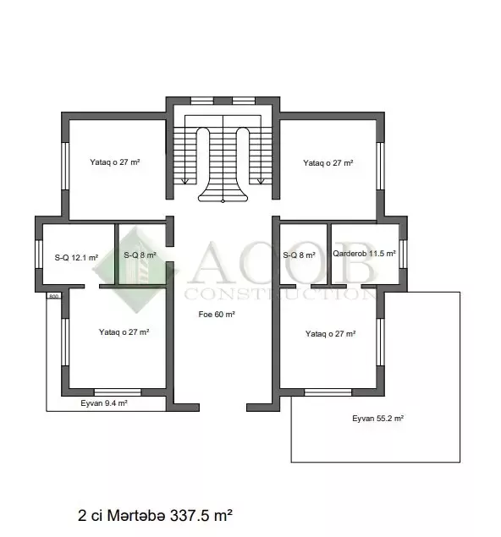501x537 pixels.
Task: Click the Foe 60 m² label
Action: click(x=217, y=315)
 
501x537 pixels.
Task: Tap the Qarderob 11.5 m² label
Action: click(x=364, y=254)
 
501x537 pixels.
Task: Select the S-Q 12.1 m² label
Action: click(x=76, y=258)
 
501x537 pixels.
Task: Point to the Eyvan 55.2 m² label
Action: click(x=377, y=418)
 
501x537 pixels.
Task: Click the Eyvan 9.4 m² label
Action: click(x=104, y=403)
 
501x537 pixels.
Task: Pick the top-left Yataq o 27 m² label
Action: click(x=115, y=162)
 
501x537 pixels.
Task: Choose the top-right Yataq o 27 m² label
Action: click(x=328, y=163)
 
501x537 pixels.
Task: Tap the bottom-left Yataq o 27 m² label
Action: click(x=124, y=332)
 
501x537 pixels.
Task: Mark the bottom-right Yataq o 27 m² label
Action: click(x=330, y=334)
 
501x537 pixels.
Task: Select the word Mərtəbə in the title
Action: click(x=136, y=515)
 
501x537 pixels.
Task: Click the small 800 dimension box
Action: click(x=54, y=296)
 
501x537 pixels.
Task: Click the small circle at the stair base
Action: click(x=223, y=201)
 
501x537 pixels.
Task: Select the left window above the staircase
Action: click(x=202, y=101)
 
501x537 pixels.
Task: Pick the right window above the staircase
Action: click(x=244, y=101)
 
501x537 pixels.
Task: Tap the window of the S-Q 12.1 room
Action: click(x=39, y=254)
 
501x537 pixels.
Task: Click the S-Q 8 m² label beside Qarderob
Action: click(x=299, y=255)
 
